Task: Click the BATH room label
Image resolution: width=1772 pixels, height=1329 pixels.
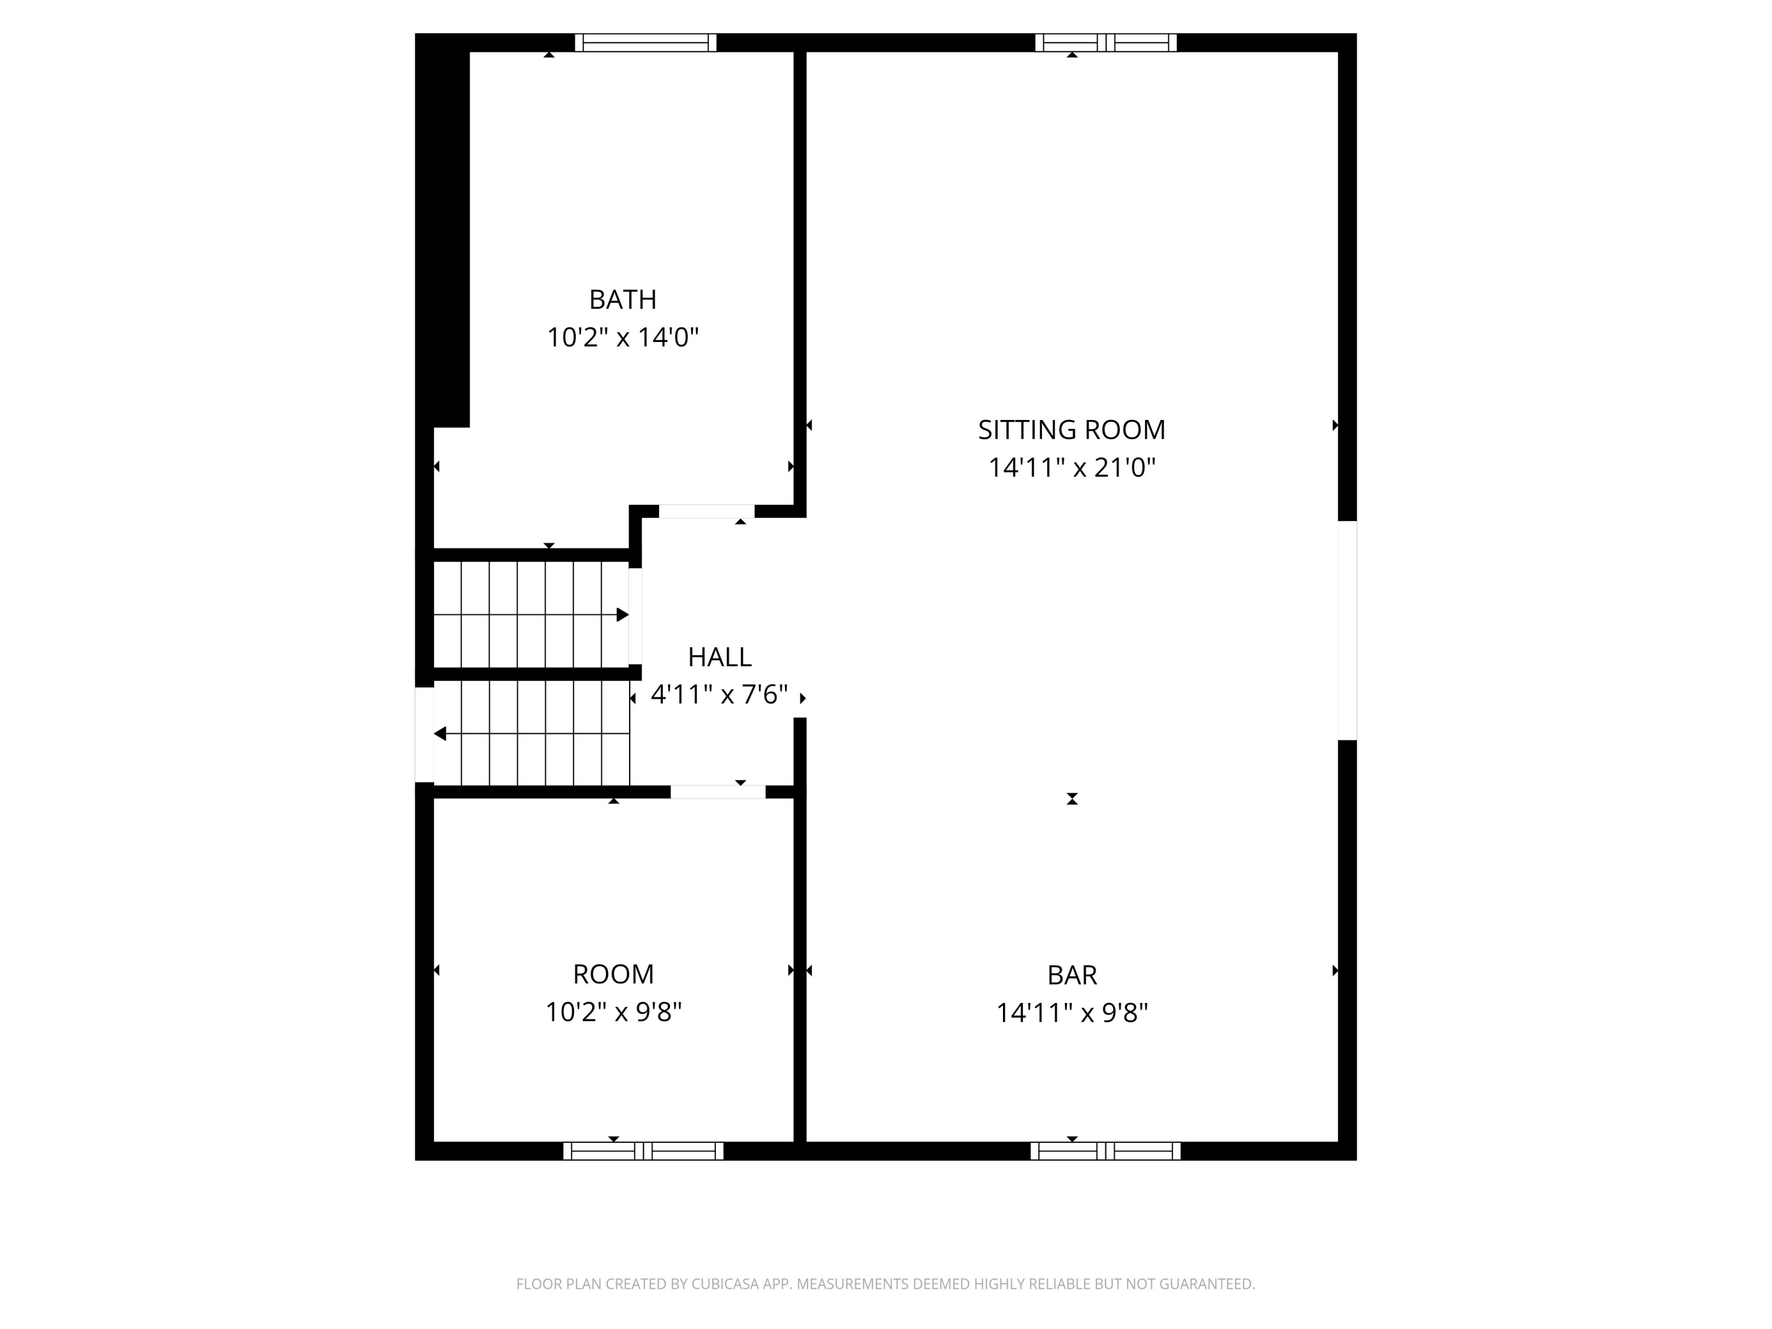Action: click(623, 299)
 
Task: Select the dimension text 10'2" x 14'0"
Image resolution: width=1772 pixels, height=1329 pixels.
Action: click(623, 337)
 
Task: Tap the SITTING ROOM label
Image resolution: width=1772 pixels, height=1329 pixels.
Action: click(1071, 430)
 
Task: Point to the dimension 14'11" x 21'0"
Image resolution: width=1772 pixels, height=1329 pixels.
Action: click(1071, 468)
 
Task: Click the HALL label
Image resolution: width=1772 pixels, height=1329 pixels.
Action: click(719, 657)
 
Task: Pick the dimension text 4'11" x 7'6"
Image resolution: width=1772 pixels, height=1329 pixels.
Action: click(719, 695)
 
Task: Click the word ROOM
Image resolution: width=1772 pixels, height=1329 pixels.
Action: click(613, 974)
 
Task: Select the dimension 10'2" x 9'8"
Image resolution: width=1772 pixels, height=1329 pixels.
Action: click(613, 1012)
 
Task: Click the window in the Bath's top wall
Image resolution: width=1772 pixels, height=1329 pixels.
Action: click(645, 43)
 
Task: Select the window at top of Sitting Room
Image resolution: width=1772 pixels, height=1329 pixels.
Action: click(1106, 43)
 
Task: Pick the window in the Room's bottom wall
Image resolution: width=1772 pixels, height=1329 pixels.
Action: click(643, 1151)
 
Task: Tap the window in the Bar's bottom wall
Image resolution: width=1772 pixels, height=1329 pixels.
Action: click(1106, 1151)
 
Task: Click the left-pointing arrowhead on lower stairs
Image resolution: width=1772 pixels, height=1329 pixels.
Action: click(440, 734)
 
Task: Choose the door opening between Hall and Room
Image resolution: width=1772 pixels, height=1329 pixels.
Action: click(718, 792)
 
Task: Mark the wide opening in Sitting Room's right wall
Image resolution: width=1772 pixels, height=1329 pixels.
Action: click(1347, 630)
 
